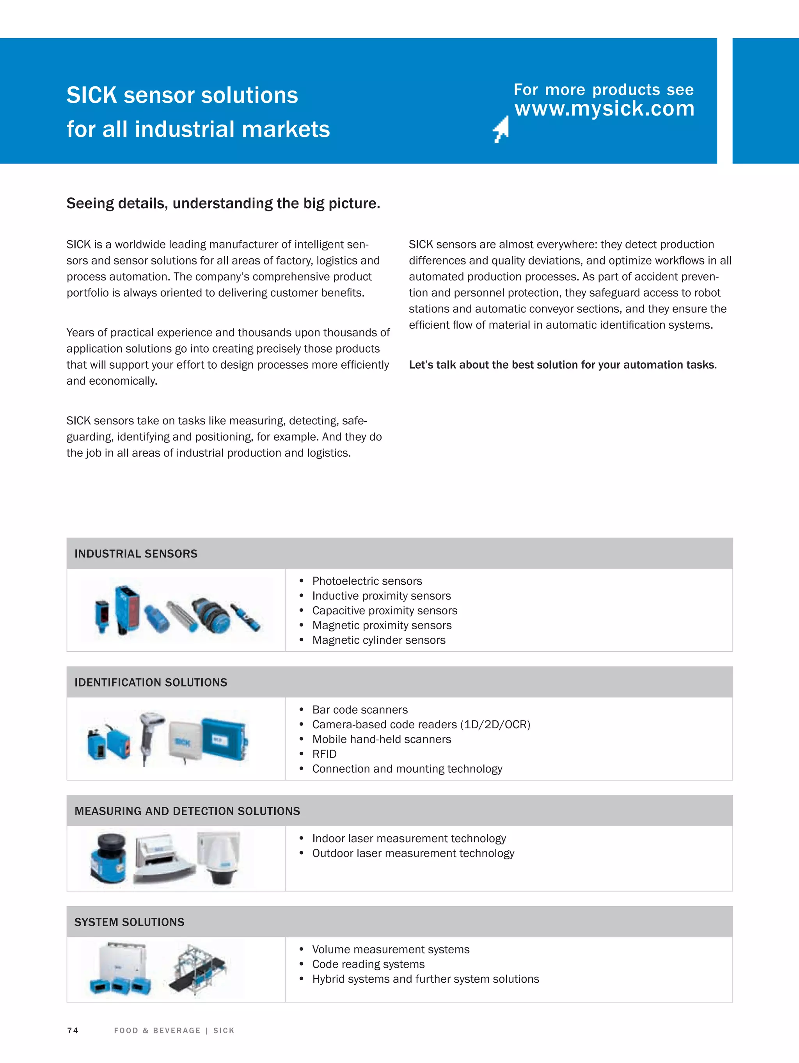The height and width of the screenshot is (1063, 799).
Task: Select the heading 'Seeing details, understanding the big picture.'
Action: [223, 203]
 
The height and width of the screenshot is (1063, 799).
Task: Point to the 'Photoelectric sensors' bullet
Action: [367, 581]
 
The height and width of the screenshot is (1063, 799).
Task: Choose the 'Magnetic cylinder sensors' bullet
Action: [378, 640]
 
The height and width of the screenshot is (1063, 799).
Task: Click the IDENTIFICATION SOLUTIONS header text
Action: [151, 682]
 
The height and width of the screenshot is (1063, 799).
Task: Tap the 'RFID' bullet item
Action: [324, 754]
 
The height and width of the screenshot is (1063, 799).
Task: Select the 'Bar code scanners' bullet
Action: [360, 710]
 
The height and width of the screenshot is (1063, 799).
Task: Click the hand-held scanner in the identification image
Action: [149, 735]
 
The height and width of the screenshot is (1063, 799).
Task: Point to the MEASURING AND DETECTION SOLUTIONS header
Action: [187, 811]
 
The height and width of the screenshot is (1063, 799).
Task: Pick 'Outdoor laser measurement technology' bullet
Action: [413, 853]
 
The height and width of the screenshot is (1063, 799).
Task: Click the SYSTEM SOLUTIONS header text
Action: [129, 922]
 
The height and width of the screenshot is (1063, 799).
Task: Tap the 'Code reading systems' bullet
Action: [368, 964]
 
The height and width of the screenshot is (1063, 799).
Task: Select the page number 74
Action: [73, 1030]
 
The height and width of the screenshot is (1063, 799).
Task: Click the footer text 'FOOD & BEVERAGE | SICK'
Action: [174, 1030]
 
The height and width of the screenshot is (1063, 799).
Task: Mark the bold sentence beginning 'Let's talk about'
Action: [563, 365]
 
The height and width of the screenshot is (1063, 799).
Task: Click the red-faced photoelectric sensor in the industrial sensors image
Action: [128, 609]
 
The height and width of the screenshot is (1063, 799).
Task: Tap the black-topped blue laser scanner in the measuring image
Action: [109, 858]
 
